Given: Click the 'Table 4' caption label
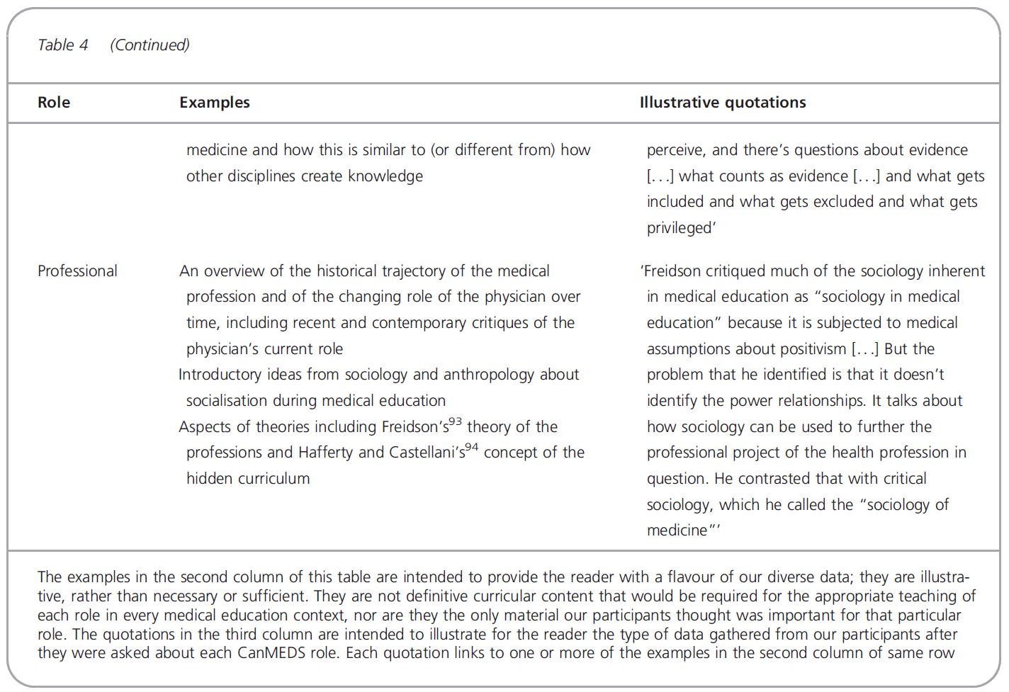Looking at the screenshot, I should point(62,45).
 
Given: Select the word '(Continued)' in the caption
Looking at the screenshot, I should point(150,45).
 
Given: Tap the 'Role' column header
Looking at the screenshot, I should point(54,103).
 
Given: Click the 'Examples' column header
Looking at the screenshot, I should point(214,103).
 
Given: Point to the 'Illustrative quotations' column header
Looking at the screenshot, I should point(722,103).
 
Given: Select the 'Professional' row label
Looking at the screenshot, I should point(77,271).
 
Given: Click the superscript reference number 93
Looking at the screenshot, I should point(455,421).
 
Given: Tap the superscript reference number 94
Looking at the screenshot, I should point(472,448).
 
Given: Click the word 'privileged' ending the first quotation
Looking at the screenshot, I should point(680,228).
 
